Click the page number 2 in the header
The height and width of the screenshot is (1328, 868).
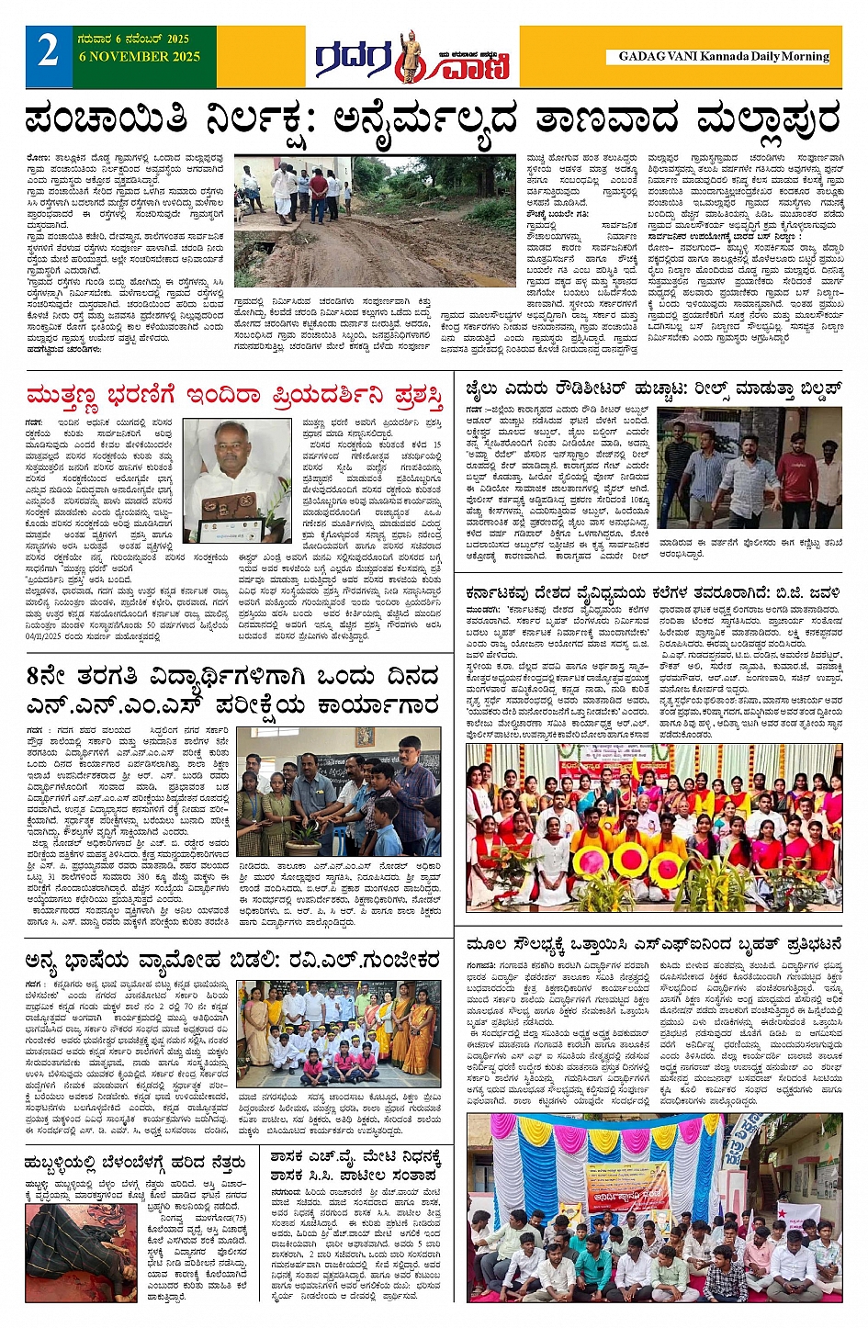pos(48,51)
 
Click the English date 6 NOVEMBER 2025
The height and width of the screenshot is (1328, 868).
pos(140,57)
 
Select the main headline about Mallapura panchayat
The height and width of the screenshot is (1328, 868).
pos(433,119)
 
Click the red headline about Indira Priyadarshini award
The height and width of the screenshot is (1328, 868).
pos(235,396)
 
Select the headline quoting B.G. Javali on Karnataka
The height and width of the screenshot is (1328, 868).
pos(653,593)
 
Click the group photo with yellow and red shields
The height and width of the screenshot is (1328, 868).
pos(653,827)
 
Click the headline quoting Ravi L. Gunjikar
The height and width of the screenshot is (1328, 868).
pos(233,961)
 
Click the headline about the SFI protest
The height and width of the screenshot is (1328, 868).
pos(653,944)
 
